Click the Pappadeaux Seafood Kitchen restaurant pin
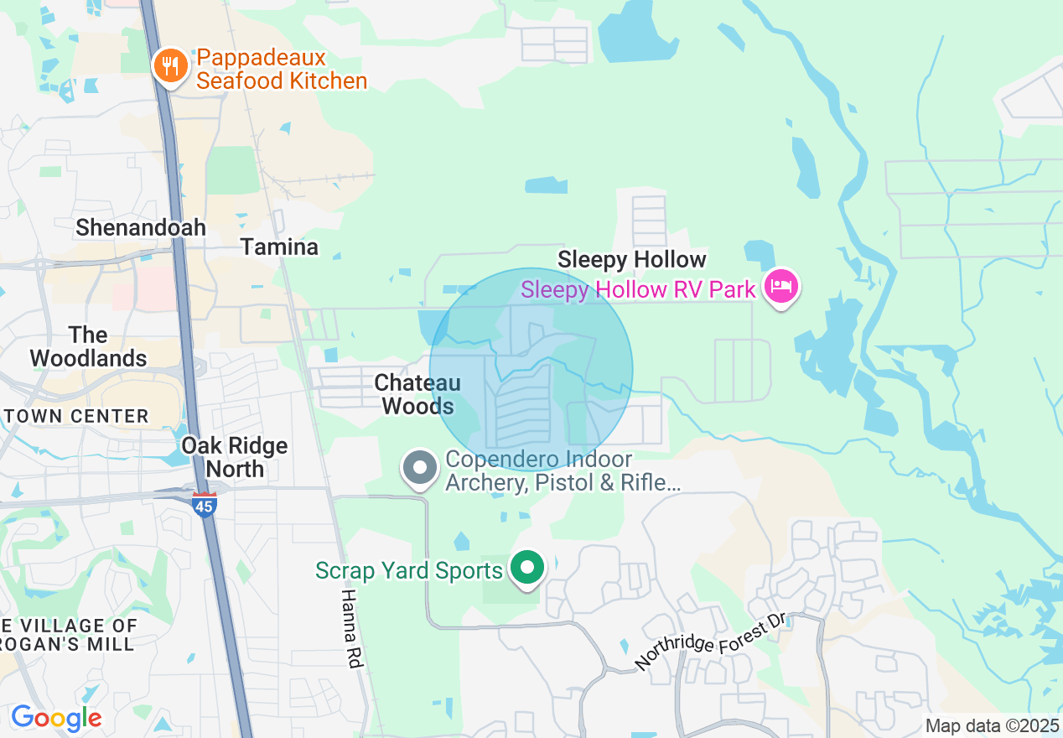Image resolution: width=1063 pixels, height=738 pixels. (x=171, y=66)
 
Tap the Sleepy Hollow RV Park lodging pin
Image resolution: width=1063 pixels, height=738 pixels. (x=781, y=287)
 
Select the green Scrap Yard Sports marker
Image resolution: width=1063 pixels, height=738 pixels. (x=527, y=569)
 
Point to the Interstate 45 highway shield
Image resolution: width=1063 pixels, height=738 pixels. (x=205, y=503)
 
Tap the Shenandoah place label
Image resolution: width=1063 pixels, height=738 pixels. (x=141, y=227)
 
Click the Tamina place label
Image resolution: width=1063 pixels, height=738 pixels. (x=279, y=247)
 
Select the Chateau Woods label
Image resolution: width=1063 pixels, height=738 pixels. (x=417, y=394)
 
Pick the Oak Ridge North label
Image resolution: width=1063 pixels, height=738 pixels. (x=234, y=457)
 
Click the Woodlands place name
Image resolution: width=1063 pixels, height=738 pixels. (x=88, y=346)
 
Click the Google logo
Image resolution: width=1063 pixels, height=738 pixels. (x=56, y=719)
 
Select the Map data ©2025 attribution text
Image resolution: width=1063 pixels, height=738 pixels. (x=992, y=725)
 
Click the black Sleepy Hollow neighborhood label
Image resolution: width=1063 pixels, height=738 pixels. (x=631, y=259)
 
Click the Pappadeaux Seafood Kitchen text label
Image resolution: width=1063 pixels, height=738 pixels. (x=281, y=70)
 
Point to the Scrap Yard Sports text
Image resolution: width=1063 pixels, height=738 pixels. (x=408, y=571)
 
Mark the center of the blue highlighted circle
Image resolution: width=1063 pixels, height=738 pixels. (x=531, y=370)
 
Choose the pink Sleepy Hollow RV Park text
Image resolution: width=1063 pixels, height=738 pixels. (x=638, y=290)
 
